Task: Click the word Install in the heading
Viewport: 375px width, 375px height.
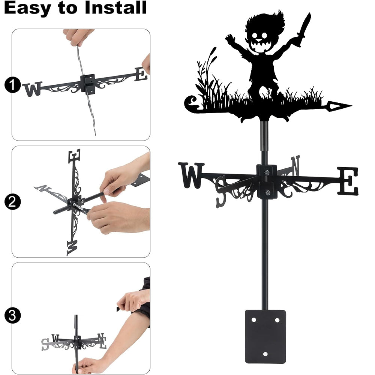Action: coord(115,7)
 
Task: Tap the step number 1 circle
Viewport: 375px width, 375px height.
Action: coord(12,85)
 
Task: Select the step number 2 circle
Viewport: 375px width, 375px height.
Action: coord(12,202)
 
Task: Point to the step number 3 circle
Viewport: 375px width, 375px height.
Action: coord(12,315)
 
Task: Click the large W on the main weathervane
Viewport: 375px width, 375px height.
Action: coord(191,175)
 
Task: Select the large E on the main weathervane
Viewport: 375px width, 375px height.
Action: coord(348,181)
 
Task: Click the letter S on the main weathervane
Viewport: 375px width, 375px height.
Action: coord(221,191)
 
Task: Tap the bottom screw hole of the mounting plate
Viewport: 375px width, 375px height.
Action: coord(265,354)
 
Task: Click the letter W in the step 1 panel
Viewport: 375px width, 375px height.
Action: coord(33,89)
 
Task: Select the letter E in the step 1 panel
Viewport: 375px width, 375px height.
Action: coord(141,74)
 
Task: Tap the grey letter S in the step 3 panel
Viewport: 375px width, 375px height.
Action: coord(45,344)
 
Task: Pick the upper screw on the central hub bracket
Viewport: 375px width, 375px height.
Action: coord(267,172)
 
